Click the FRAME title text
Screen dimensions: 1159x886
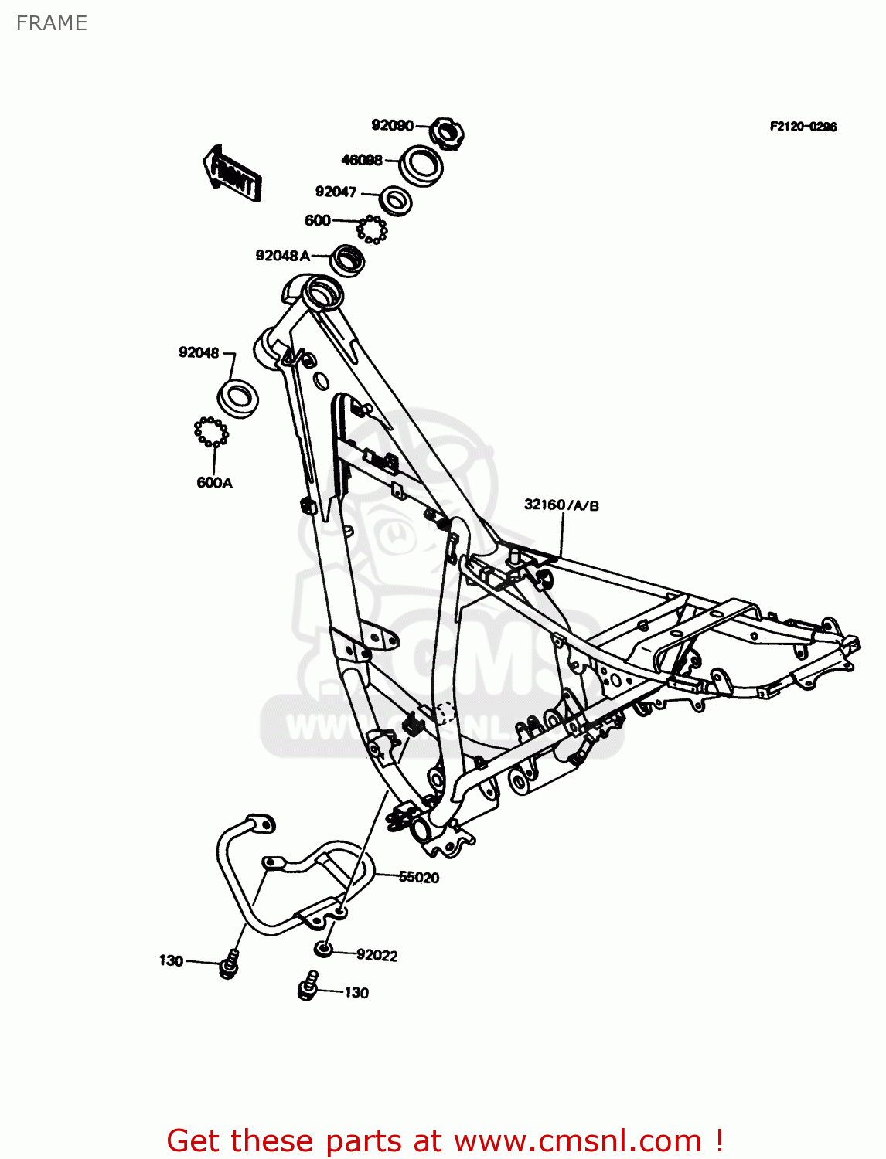(51, 23)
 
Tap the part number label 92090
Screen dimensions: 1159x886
(392, 125)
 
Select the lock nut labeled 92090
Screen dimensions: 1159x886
(447, 134)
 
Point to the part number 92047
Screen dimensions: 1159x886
(336, 192)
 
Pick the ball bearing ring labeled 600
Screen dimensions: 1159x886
(372, 229)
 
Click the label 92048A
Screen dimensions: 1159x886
(282, 255)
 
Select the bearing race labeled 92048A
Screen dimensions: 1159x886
(348, 260)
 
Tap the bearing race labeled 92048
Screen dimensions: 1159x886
(238, 398)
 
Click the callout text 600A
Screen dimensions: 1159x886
(214, 483)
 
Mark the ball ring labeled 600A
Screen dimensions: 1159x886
(211, 431)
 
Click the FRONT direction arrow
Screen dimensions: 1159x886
(232, 173)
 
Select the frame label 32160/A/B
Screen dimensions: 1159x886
(561, 505)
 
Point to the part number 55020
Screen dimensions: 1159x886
(418, 877)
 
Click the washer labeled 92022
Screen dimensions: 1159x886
(324, 949)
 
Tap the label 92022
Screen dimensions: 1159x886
(377, 955)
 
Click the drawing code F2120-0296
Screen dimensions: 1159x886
(803, 127)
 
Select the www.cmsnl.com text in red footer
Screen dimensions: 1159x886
(578, 1140)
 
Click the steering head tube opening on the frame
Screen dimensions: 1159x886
(322, 294)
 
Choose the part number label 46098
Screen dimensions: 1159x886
(362, 160)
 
